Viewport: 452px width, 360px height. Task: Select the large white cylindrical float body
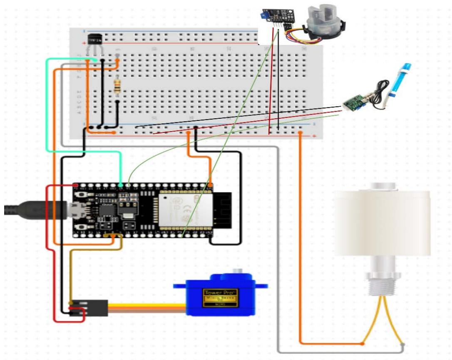coord(382,223)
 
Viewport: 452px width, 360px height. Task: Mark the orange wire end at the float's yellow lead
coord(362,343)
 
